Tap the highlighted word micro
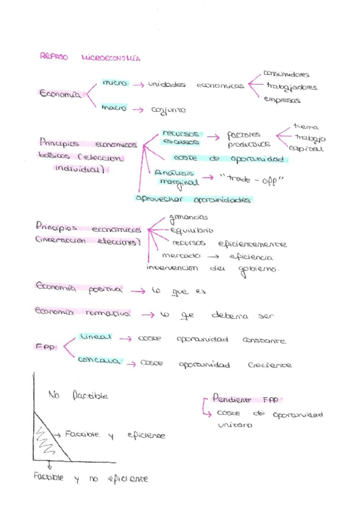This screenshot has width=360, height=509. click(x=115, y=83)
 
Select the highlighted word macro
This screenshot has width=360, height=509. click(x=114, y=109)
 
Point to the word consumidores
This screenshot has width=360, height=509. click(x=286, y=74)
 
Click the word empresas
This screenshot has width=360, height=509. click(x=282, y=100)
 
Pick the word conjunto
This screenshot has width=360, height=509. click(x=169, y=110)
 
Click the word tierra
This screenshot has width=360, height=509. click(x=306, y=127)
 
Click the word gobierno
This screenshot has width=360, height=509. click(x=259, y=270)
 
